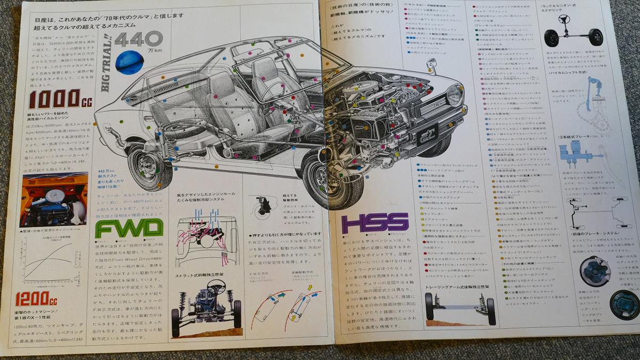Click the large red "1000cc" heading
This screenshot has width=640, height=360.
55,99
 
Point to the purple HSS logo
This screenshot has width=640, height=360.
375,222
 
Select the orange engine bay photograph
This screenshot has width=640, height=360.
53,199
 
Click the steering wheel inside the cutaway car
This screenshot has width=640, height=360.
272,91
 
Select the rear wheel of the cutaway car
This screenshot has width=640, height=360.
149,169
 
